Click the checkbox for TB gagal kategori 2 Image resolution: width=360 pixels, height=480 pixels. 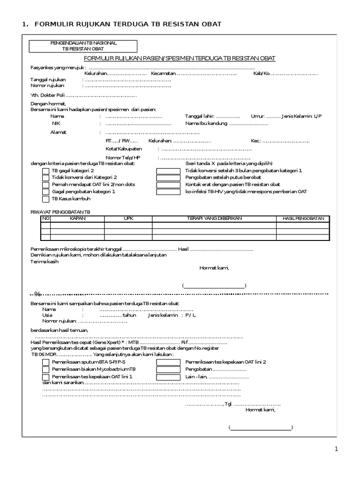coord(45,171)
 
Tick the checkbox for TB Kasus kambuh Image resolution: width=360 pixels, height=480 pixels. coord(45,199)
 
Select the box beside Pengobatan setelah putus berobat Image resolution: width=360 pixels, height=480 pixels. coord(168,178)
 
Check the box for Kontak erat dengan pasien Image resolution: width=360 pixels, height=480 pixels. coord(168,185)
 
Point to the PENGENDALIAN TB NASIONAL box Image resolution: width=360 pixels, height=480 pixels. coord(83,45)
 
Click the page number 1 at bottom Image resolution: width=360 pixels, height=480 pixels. coord(336,450)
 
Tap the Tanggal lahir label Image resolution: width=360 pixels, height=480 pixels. coord(200,116)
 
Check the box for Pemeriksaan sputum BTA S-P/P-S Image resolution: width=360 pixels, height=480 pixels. coord(45,362)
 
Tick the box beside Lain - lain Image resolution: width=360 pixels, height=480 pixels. coord(168,377)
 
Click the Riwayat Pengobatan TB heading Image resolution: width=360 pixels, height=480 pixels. coord(60,212)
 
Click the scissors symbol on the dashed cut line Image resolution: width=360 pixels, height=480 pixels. coord(37,294)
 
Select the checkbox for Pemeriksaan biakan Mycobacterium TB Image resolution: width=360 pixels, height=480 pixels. coord(45,370)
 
